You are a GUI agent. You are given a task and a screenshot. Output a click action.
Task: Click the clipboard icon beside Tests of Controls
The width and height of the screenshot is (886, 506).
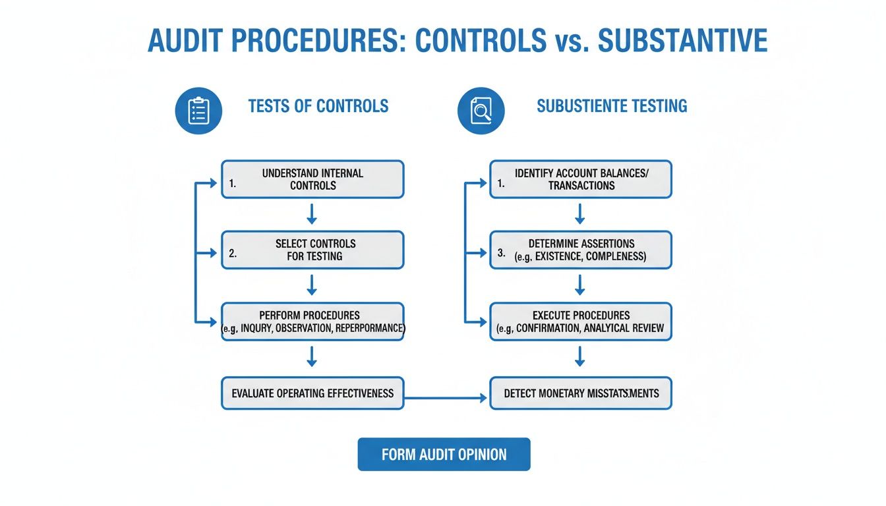click(198, 111)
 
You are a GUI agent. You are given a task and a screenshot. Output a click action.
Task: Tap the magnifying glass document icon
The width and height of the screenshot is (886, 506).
click(481, 111)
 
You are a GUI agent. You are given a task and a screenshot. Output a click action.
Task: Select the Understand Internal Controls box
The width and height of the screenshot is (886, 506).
click(312, 179)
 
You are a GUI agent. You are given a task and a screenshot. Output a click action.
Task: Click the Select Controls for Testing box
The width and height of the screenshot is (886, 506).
click(312, 250)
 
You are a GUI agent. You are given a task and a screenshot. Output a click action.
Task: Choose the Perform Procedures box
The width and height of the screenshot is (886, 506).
click(312, 322)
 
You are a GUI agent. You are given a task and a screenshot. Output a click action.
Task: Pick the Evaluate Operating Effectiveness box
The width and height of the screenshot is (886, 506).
click(312, 393)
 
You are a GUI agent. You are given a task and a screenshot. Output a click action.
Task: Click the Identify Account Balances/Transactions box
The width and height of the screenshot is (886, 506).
click(581, 179)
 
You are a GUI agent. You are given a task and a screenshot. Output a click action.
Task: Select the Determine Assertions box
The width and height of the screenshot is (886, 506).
click(581, 250)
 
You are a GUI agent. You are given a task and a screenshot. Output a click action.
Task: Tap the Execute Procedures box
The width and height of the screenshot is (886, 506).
click(581, 322)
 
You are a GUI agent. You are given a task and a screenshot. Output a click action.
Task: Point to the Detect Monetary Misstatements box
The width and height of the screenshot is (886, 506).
click(581, 393)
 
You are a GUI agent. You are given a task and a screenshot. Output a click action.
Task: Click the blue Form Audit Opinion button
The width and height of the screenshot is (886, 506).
click(444, 455)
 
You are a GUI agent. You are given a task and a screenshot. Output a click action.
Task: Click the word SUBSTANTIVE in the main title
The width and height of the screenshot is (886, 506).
click(682, 41)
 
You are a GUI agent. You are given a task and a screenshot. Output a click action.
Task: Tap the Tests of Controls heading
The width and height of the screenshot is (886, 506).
click(318, 106)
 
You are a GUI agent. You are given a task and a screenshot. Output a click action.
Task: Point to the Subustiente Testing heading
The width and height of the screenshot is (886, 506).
click(612, 106)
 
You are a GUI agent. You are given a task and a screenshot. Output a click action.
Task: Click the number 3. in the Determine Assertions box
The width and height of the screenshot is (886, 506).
click(502, 254)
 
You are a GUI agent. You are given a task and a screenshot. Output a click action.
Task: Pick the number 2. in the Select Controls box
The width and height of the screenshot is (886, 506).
click(233, 254)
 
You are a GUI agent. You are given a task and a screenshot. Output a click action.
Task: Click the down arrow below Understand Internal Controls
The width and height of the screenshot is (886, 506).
click(312, 214)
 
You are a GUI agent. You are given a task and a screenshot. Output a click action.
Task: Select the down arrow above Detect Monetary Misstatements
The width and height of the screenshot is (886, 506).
click(580, 356)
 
